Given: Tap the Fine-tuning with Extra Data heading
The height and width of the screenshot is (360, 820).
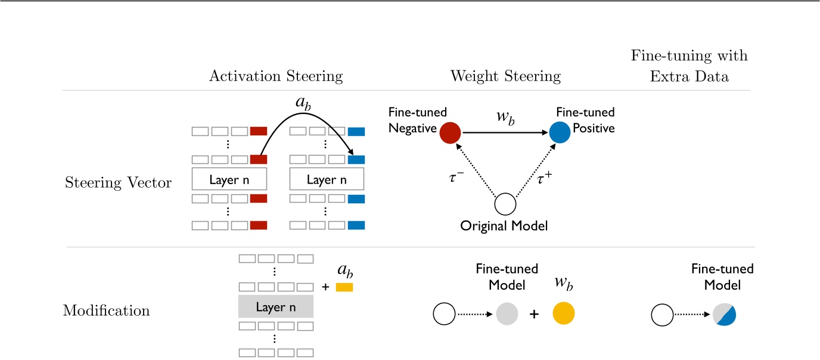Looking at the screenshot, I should coord(689,66).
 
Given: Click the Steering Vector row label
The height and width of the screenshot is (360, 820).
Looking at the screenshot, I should coord(117,183).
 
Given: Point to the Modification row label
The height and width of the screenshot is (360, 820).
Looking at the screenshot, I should coord(106,311).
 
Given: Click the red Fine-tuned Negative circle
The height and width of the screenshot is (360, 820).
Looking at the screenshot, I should coord(451,133).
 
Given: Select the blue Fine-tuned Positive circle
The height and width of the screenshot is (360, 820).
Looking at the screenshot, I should coord(560,133).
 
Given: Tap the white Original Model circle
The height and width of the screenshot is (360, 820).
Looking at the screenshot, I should coord(505,204).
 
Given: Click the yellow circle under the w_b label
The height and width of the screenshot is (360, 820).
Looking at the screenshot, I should coord(564,313).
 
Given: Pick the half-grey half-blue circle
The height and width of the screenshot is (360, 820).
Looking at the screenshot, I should coord(724,313).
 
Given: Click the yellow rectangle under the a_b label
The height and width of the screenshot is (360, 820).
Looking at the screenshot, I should coord(344,287).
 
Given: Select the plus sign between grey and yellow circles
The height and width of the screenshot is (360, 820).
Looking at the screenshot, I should coord(534,314).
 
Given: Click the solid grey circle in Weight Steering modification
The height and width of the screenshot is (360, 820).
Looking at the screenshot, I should coord(507,313).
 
